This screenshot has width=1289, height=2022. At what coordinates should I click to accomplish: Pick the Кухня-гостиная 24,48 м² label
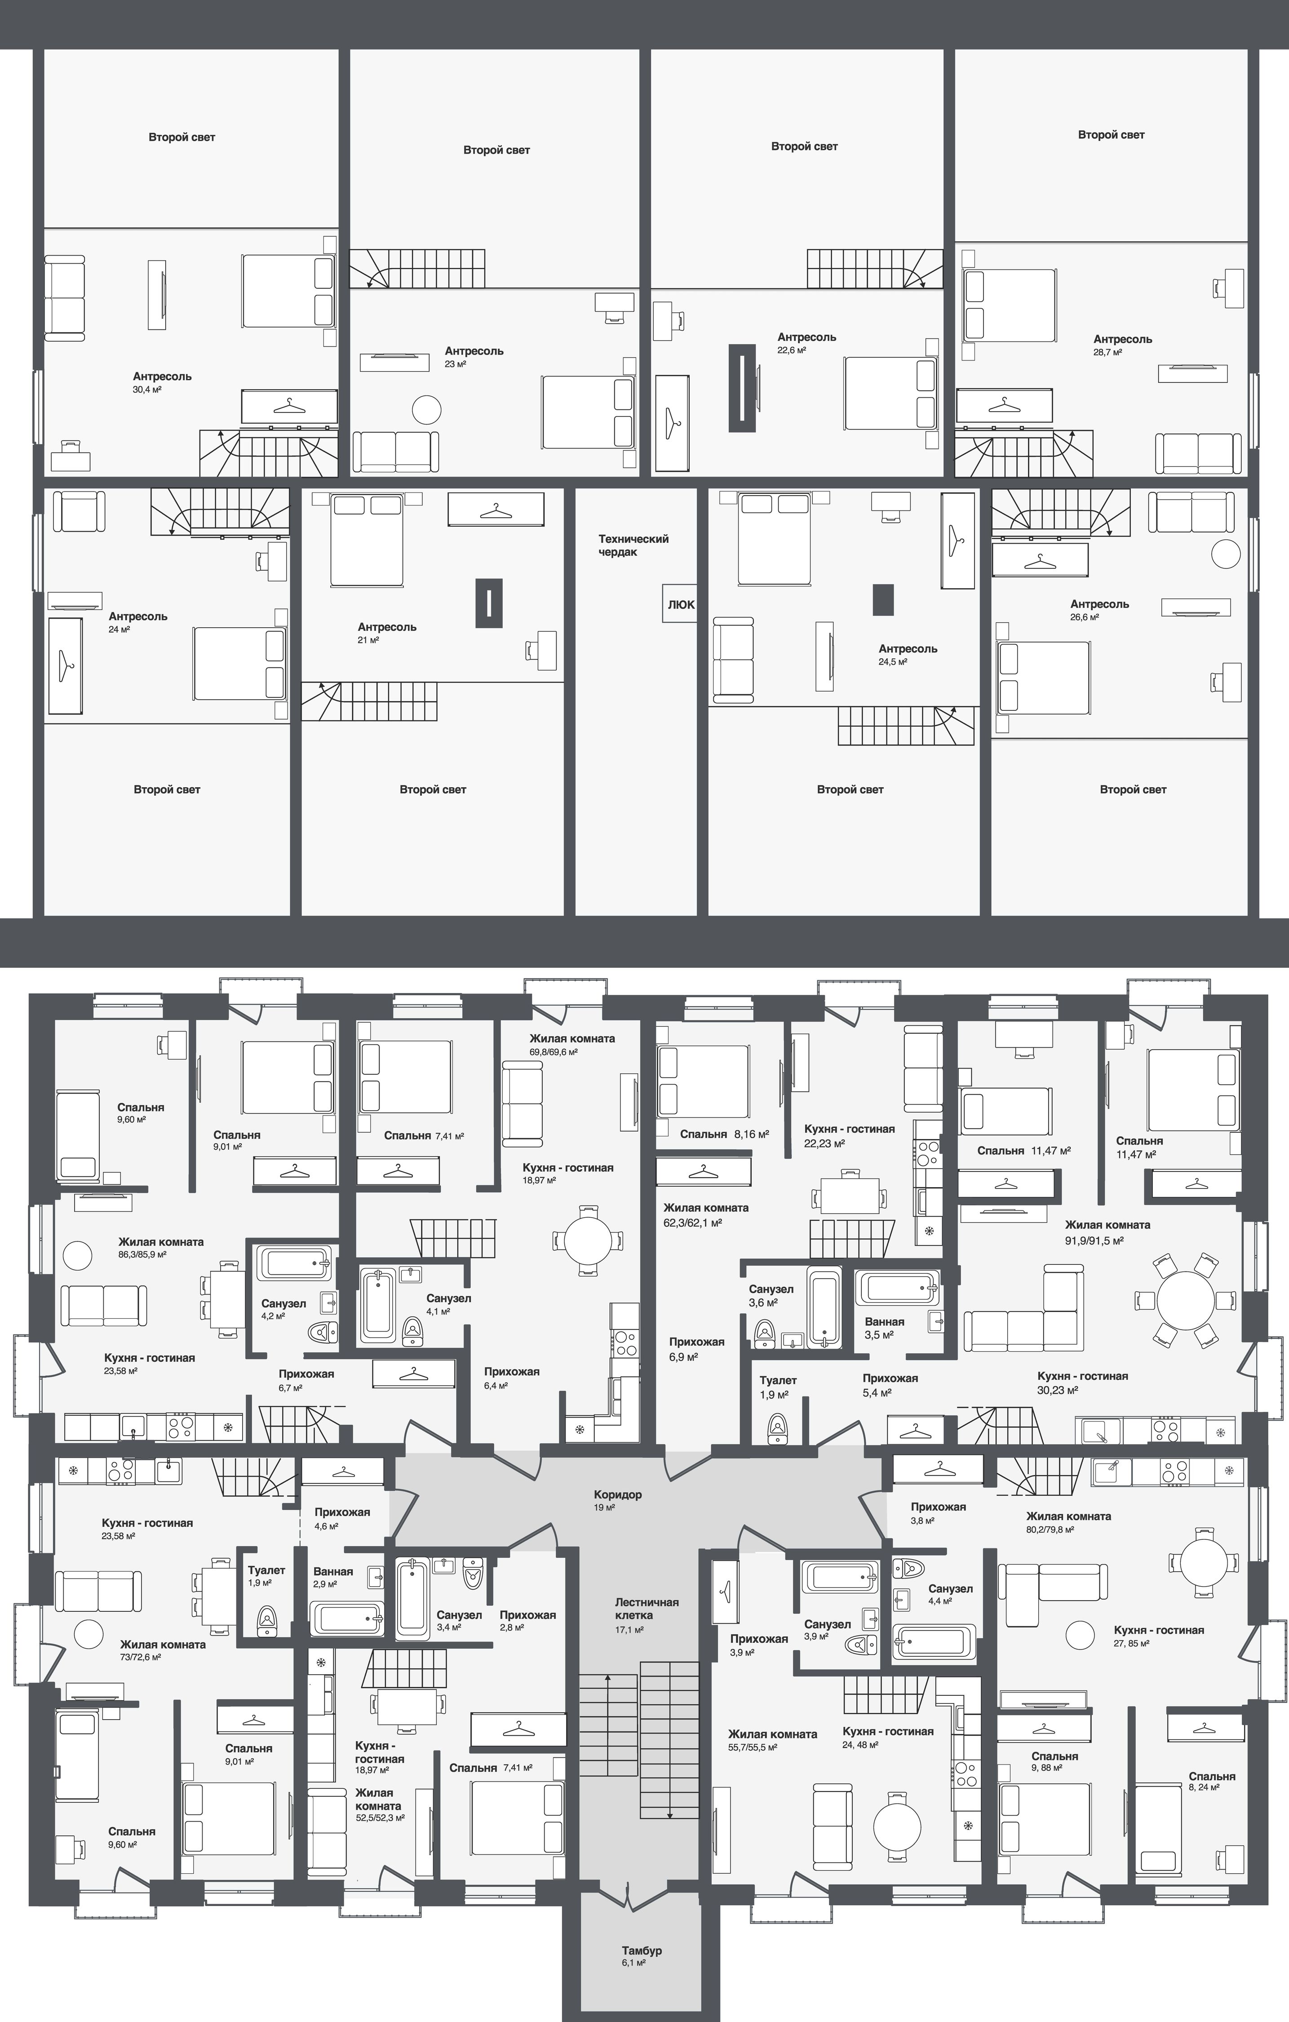coord(888,1737)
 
